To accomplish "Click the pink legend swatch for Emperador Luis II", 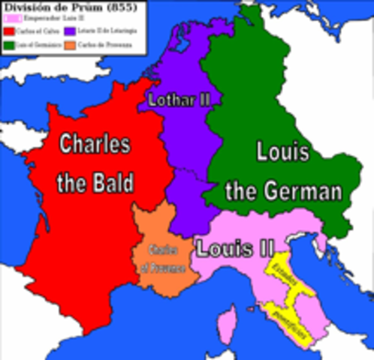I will pos(9,18).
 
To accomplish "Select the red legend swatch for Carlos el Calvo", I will pos(9,31).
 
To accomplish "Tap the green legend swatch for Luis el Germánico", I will pos(9,45).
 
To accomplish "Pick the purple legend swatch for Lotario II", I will pos(68,31).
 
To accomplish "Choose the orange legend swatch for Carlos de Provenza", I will pos(68,45).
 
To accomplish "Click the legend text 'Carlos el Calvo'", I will pos(36,31).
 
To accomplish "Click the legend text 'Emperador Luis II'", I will pos(41,18).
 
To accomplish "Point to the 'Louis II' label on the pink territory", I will pos(234,247).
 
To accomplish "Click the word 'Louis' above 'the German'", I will pos(282,152).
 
